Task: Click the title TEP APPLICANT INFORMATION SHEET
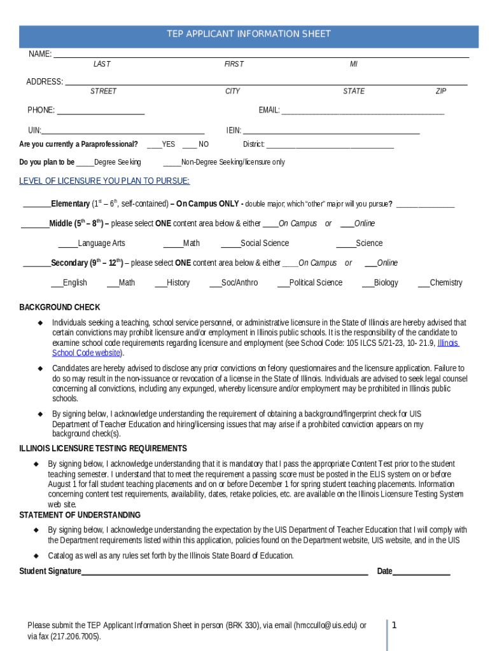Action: [x=248, y=34]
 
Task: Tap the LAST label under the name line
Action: [x=102, y=64]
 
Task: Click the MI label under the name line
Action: [x=353, y=64]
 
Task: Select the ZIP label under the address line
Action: [x=440, y=92]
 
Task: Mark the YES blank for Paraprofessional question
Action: [x=153, y=146]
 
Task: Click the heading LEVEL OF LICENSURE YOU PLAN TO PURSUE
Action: [x=104, y=181]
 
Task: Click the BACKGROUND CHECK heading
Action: [x=60, y=308]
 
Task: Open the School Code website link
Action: [x=86, y=353]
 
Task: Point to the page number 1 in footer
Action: [x=394, y=626]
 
